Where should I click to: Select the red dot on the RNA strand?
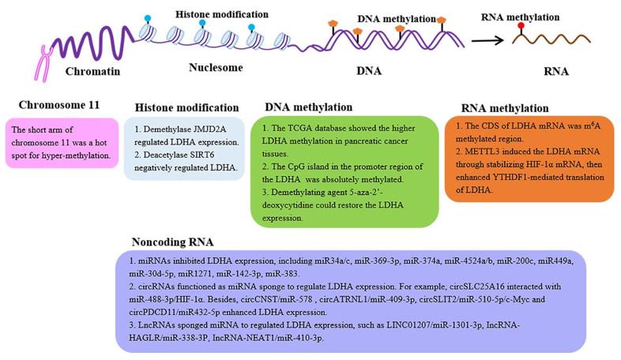521,26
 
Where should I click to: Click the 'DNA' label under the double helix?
368,71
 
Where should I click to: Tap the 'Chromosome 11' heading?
58,106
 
